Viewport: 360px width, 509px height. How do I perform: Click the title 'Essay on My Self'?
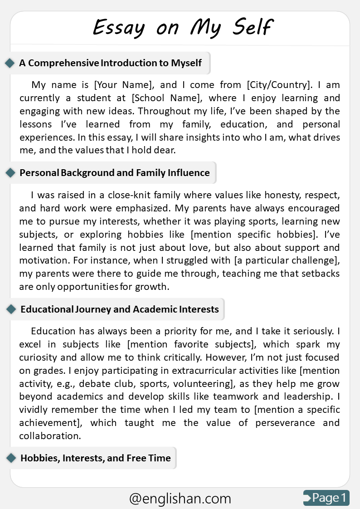tap(183, 27)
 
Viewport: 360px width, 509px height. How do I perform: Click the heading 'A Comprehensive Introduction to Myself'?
tap(110, 63)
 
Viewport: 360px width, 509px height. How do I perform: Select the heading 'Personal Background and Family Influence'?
tap(115, 173)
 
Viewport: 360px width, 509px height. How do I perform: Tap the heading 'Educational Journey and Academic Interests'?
tap(120, 309)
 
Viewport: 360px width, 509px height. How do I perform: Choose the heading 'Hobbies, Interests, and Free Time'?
tap(96, 458)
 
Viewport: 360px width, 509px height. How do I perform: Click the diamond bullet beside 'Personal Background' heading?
tap(10, 173)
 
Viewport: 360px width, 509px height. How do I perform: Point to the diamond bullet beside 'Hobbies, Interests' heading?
tap(10, 458)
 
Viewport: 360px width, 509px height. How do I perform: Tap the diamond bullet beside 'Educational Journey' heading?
tap(10, 309)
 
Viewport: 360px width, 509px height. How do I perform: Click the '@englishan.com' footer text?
tap(180, 499)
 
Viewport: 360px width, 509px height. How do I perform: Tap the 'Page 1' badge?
tap(326, 498)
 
